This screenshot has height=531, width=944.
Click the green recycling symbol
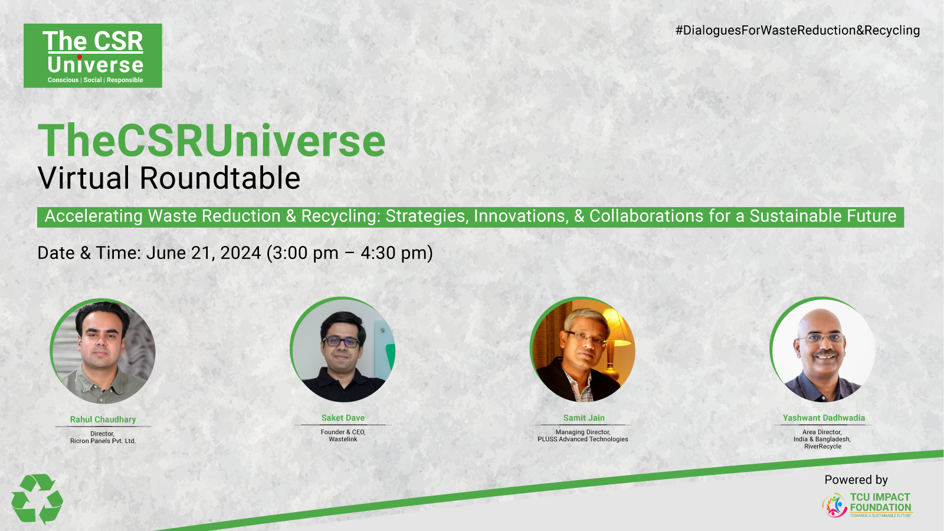(37, 499)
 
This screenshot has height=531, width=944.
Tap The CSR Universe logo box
(93, 55)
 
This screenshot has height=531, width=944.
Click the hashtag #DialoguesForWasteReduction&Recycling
(797, 30)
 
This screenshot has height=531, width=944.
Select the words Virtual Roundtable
(169, 178)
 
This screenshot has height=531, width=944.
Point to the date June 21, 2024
(204, 253)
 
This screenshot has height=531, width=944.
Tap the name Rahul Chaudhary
(103, 419)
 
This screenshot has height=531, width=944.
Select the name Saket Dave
(343, 418)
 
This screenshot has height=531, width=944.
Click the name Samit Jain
(584, 418)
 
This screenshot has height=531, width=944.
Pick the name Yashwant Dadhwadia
(824, 418)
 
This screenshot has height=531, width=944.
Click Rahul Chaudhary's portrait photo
(103, 351)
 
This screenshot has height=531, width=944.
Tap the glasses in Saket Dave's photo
(341, 342)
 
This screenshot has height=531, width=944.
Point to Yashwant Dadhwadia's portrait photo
(822, 349)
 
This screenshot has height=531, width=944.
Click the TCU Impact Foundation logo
(867, 505)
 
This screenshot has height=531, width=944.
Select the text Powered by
(856, 480)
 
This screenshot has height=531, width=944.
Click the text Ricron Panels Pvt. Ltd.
(103, 441)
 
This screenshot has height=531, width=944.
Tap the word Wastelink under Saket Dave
(343, 439)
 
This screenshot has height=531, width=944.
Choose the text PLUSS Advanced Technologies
(583, 439)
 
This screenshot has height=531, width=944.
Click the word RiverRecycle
(822, 446)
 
